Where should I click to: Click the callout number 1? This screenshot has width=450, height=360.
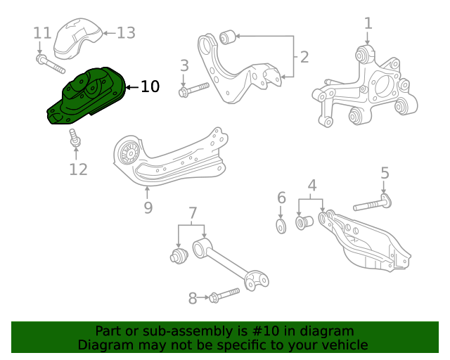(x=368, y=24)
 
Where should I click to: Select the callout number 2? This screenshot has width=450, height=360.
(x=304, y=57)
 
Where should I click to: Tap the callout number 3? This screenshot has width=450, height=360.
(x=184, y=66)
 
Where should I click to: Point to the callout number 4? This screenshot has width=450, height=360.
(x=312, y=186)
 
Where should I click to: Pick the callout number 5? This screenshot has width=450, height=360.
(x=385, y=173)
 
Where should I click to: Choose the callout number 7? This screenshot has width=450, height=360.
(x=192, y=212)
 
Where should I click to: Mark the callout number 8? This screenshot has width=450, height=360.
(x=193, y=298)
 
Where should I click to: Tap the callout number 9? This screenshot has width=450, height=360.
(x=148, y=207)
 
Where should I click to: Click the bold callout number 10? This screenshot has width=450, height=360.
(x=150, y=87)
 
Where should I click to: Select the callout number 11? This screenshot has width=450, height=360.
(x=42, y=33)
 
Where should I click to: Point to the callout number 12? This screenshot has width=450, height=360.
(x=78, y=169)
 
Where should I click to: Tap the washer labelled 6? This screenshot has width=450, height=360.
(x=281, y=226)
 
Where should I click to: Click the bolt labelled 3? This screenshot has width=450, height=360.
(x=194, y=89)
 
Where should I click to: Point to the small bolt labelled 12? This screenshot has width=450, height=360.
(x=74, y=139)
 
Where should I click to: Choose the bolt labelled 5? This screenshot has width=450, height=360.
(x=372, y=205)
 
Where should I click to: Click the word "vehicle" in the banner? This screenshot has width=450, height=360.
(x=343, y=345)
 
